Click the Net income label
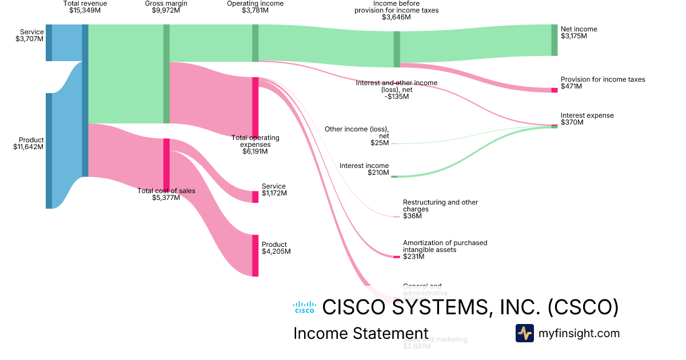pos(578,29)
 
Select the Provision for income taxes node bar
pos(554,90)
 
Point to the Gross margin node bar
pos(166,74)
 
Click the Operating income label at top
pos(255,4)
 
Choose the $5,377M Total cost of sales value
pos(166,198)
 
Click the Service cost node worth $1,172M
pos(255,197)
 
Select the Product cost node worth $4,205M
pos(255,255)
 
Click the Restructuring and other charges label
pos(440,206)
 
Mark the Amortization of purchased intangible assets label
pos(445,246)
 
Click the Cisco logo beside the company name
pos(304,307)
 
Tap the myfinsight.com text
pos(579,333)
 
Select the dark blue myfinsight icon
pos(524,333)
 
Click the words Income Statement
pos(360,334)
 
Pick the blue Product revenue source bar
pos(49,151)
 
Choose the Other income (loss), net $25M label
pos(357,133)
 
